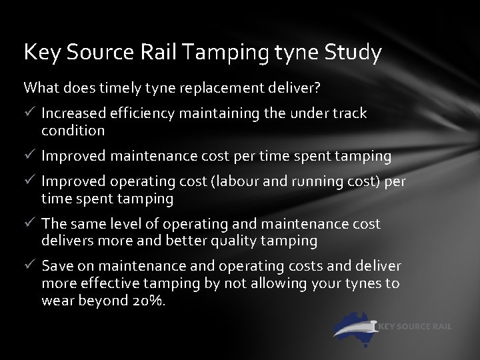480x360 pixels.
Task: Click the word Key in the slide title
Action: point(38,53)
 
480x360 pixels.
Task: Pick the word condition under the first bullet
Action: point(73,130)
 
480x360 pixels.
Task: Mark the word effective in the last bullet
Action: point(107,283)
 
